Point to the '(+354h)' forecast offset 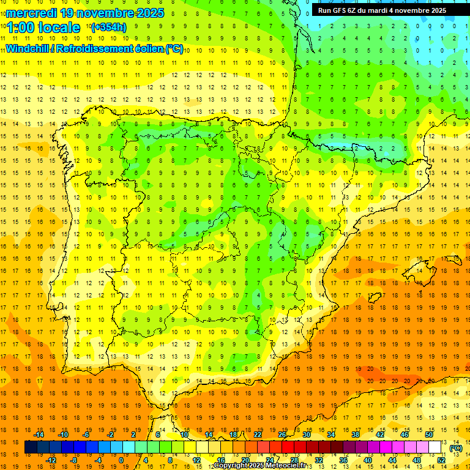click(109, 27)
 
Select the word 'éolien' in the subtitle click(148, 48)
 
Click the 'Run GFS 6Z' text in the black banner click(338, 10)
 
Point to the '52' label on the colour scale click(441, 460)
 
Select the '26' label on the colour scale click(282, 435)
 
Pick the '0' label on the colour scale click(121, 460)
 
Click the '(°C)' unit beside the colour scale click(455, 448)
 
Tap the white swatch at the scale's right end click(435, 447)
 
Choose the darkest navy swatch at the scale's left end click(31, 447)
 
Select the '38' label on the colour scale click(356, 435)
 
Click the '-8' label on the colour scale click(73, 460)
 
